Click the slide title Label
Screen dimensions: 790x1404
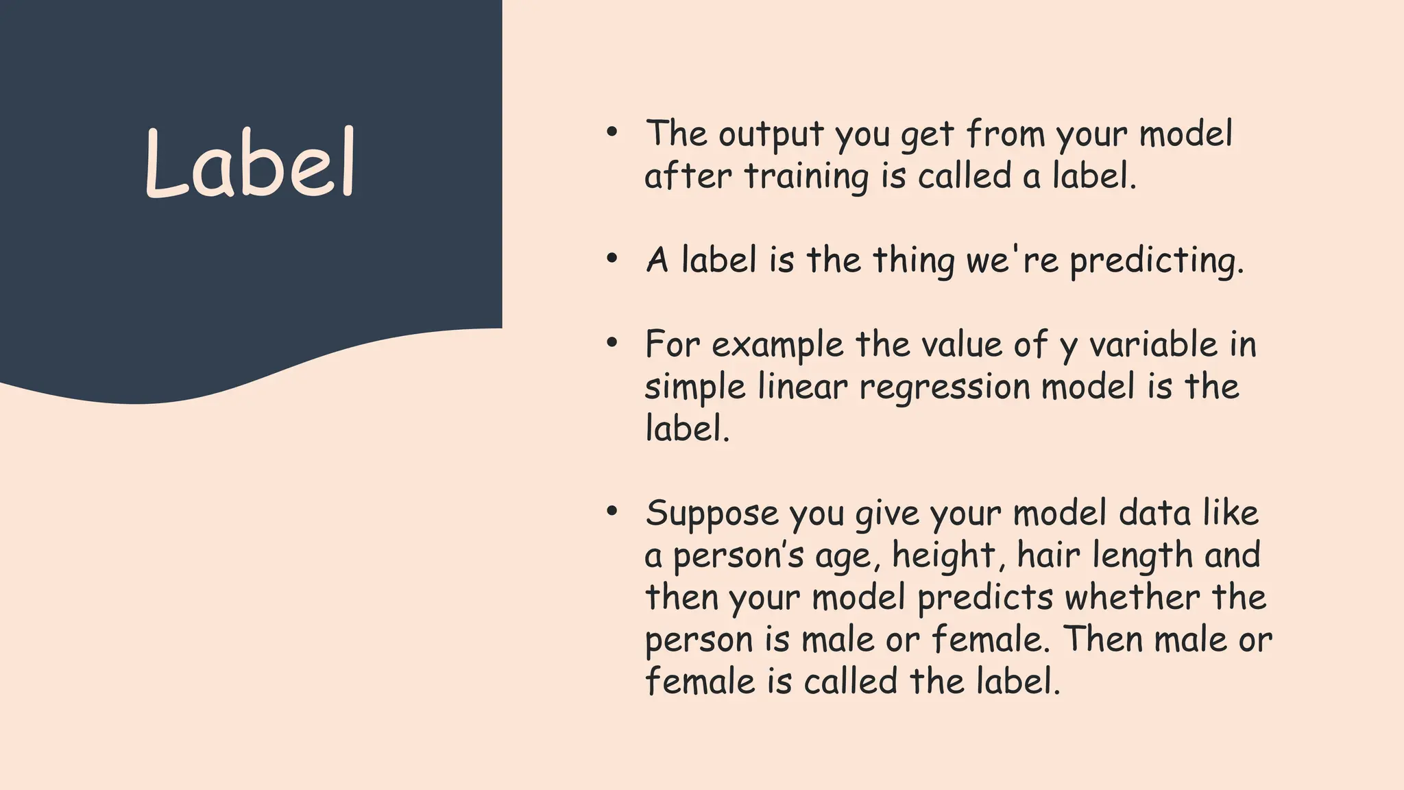[250, 165]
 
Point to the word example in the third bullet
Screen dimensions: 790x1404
[777, 345]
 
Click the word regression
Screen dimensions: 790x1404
[945, 387]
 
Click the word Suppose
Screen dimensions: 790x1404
[712, 514]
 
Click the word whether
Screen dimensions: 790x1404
[1132, 598]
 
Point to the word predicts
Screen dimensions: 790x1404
[985, 598]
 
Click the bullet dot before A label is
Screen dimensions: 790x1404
[612, 259]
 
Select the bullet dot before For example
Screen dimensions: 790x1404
[612, 344]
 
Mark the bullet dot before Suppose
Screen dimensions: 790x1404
[612, 512]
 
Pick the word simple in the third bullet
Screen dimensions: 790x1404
[694, 388]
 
